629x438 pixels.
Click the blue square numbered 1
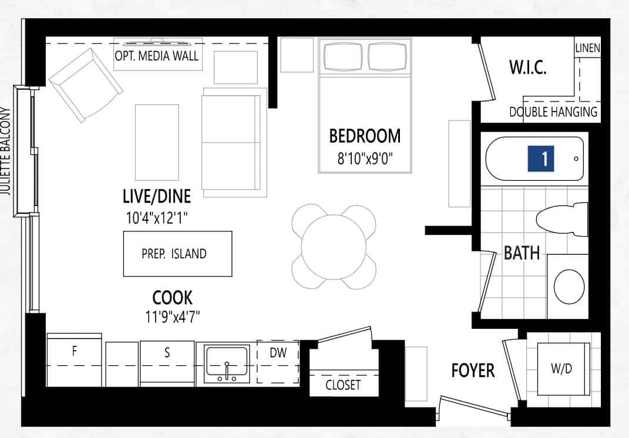click(x=541, y=159)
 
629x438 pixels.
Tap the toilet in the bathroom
click(x=561, y=219)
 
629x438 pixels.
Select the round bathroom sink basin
click(x=569, y=287)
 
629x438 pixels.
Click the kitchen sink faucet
click(x=227, y=372)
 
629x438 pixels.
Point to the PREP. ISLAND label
click(x=174, y=254)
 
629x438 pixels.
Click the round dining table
click(x=334, y=247)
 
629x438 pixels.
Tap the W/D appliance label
click(x=561, y=368)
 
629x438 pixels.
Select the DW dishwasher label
click(x=278, y=352)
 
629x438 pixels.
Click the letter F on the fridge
click(x=74, y=351)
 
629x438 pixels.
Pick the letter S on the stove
click(x=167, y=352)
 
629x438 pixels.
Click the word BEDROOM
click(x=365, y=136)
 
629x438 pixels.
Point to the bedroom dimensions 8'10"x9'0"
click(x=365, y=159)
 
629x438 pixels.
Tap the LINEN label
click(x=588, y=48)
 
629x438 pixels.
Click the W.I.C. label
click(x=528, y=67)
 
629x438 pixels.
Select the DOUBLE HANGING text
click(x=553, y=112)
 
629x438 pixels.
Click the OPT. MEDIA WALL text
click(x=157, y=56)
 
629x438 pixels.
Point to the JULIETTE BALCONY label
click(x=6, y=151)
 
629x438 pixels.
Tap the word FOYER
click(x=473, y=370)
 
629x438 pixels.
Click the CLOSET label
click(x=343, y=385)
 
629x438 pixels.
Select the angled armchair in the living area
click(x=85, y=85)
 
